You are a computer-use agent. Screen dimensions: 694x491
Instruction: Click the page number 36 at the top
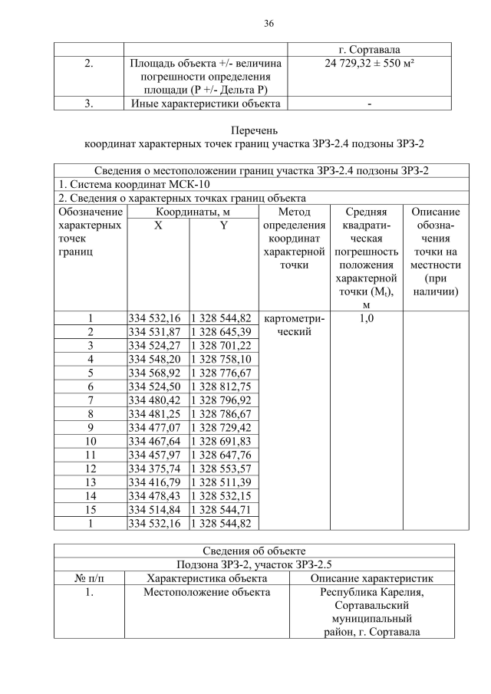click(269, 23)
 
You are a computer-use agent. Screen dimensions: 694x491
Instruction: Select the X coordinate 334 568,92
click(154, 372)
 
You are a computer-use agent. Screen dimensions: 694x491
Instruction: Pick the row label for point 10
click(90, 441)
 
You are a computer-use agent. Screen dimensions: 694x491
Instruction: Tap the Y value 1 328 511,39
click(221, 482)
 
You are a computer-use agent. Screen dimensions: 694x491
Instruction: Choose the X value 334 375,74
click(154, 469)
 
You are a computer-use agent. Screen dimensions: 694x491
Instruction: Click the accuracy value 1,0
click(366, 317)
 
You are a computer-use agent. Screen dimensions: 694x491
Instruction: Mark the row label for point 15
click(90, 510)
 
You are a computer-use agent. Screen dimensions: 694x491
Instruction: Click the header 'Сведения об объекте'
click(254, 550)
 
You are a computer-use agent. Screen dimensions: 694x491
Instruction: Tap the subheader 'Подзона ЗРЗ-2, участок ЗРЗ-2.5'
click(254, 564)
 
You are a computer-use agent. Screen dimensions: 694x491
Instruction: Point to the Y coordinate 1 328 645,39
click(221, 331)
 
